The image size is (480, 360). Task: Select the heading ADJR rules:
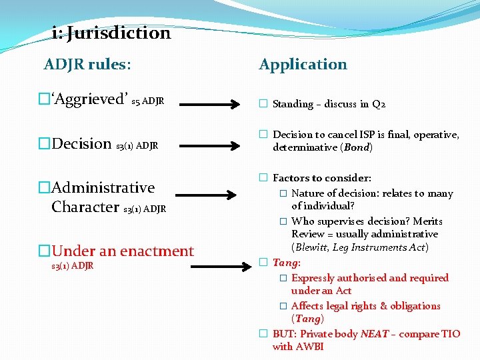click(87, 65)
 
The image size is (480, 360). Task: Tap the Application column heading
click(303, 65)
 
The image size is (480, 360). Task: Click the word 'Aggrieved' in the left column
click(90, 100)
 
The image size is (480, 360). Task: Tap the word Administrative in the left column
click(103, 187)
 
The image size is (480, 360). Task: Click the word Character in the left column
click(85, 207)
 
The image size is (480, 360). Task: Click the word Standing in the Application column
click(293, 104)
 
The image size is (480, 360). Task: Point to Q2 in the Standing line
click(379, 104)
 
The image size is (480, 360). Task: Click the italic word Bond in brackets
click(356, 147)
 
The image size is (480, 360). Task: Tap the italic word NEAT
click(374, 334)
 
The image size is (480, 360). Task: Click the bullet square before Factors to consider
click(263, 178)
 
